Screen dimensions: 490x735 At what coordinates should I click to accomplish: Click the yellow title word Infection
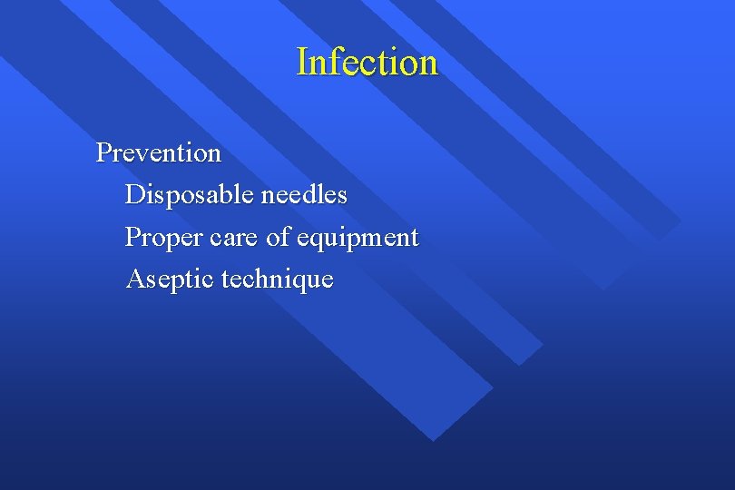point(367,62)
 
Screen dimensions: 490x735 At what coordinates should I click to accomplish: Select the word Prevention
point(159,152)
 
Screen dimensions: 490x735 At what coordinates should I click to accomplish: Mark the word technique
point(278,279)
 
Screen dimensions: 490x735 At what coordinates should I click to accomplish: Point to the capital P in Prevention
point(103,152)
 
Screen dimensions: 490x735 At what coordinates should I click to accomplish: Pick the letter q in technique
point(291,282)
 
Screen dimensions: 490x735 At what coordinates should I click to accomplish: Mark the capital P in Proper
point(132,238)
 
